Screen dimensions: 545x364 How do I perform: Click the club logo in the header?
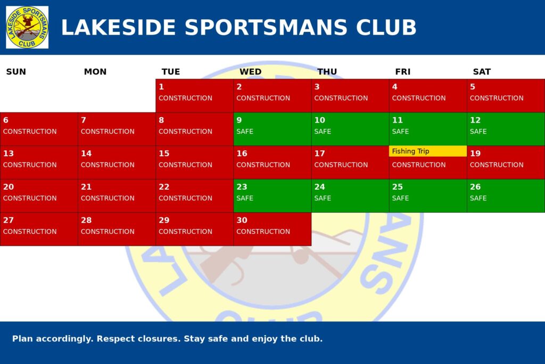(27, 27)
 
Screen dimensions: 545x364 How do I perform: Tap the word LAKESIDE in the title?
(119, 27)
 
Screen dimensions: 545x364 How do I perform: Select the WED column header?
(250, 72)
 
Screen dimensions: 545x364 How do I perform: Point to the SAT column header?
(482, 72)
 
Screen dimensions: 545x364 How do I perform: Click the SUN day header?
(16, 72)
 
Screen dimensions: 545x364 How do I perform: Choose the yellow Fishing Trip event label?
(427, 151)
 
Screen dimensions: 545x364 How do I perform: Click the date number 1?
(161, 87)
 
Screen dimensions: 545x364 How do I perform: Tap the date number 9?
(239, 120)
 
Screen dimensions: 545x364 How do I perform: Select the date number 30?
(242, 220)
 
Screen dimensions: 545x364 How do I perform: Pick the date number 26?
(475, 187)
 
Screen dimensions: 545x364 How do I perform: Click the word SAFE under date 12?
(478, 132)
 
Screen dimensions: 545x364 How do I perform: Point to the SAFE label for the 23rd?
(245, 198)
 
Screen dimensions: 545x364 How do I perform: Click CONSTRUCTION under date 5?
(497, 98)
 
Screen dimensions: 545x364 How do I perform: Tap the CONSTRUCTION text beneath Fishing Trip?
(419, 165)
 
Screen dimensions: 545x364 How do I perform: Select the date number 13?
(9, 153)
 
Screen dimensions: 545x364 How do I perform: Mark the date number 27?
(9, 220)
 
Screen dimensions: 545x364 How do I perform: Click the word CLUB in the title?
(386, 27)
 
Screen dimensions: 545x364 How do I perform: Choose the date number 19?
(475, 153)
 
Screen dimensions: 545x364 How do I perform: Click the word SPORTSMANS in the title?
(266, 27)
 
